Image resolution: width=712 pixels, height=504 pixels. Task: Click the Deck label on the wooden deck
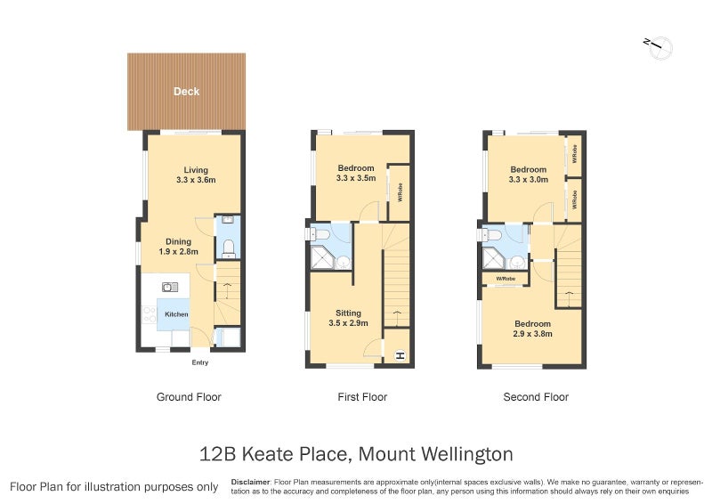coord(186,92)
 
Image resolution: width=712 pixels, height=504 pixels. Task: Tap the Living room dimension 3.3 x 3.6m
coord(196,180)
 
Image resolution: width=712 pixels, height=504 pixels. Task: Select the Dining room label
coord(179,242)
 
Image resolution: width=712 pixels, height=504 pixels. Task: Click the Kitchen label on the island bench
coord(176,314)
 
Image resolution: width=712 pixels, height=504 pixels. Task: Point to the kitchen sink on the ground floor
coord(170,287)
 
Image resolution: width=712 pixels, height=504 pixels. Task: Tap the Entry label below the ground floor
coord(199,362)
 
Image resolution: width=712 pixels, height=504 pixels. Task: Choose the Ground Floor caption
coord(189,397)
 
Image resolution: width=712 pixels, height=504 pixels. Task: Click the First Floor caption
coord(362,397)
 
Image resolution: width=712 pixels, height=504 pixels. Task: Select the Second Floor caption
coord(536,397)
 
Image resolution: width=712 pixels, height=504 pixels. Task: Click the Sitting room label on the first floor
coord(348,313)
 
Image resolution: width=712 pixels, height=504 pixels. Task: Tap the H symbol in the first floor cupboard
coord(400,356)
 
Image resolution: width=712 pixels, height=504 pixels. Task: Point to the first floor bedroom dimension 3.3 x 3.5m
coord(356,178)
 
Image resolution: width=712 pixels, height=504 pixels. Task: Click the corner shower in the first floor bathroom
coord(323,257)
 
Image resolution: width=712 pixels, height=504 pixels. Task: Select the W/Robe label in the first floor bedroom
coord(400,192)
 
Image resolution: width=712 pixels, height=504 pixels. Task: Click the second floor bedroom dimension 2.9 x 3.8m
coord(532,334)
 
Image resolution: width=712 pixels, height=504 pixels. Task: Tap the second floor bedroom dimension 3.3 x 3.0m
coord(528,180)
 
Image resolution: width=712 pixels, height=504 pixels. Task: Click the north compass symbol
coord(659,47)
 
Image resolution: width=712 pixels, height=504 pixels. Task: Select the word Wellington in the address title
coord(467,454)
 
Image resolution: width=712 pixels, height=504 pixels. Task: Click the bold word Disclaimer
coord(251,483)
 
